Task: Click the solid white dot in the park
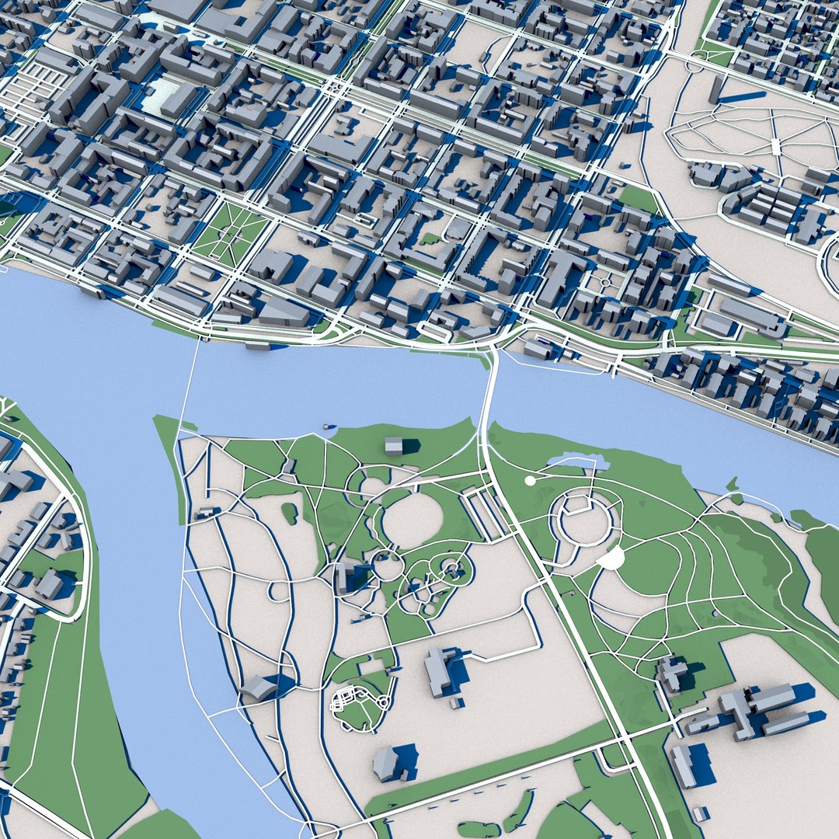coord(530,481)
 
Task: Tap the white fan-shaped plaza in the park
coord(612,557)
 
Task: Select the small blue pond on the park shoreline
coord(578,462)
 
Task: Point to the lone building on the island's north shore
coord(394,445)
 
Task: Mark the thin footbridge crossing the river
coord(191,381)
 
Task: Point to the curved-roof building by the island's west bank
coord(259,688)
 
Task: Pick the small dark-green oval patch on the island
coord(289,513)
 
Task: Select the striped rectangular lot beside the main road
coord(486,513)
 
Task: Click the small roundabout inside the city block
coord(605,283)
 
